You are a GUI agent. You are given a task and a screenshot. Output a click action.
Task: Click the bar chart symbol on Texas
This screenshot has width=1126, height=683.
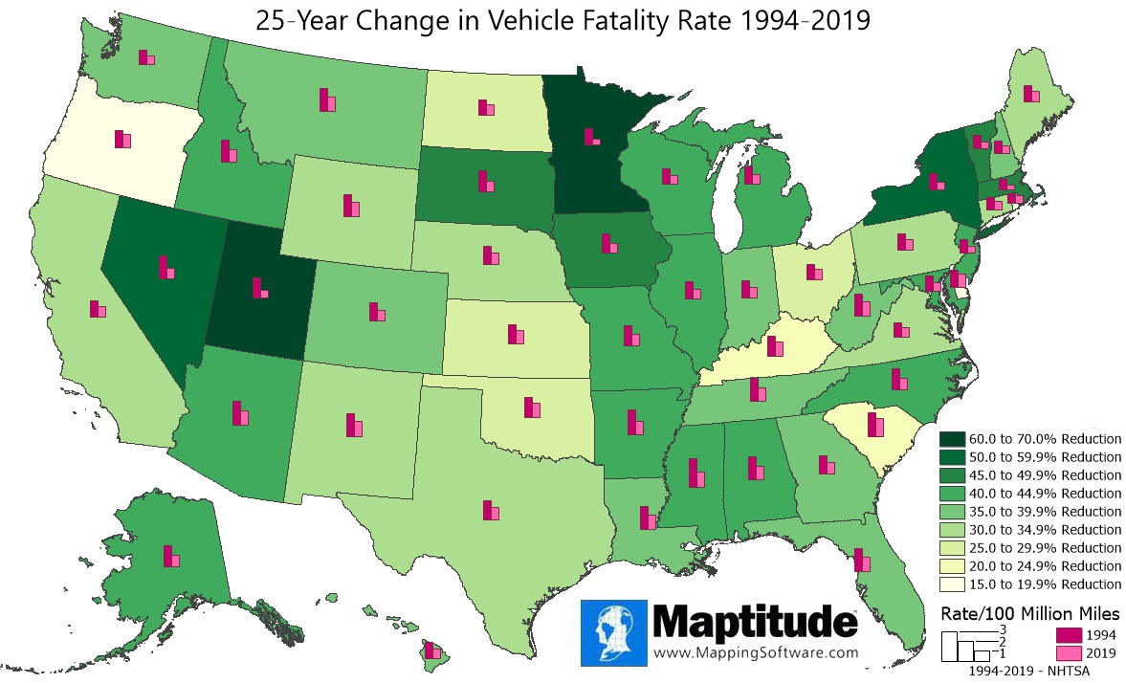(492, 511)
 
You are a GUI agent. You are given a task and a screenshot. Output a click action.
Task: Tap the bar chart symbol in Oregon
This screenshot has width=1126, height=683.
(122, 140)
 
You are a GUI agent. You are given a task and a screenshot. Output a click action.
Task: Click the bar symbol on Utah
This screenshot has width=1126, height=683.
(259, 288)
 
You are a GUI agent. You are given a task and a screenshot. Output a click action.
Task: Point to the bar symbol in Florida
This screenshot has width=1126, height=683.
(862, 561)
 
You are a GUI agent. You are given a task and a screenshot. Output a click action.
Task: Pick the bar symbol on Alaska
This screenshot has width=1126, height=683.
(171, 557)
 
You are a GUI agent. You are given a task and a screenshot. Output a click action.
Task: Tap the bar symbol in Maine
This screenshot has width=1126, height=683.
(1030, 93)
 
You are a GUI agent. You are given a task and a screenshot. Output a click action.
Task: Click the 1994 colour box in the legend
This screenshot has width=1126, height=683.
(1069, 634)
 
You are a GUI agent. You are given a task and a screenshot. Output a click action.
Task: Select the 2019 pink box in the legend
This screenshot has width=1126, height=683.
(1069, 652)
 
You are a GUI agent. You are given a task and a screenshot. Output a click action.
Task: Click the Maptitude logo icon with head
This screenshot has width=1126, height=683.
(615, 632)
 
